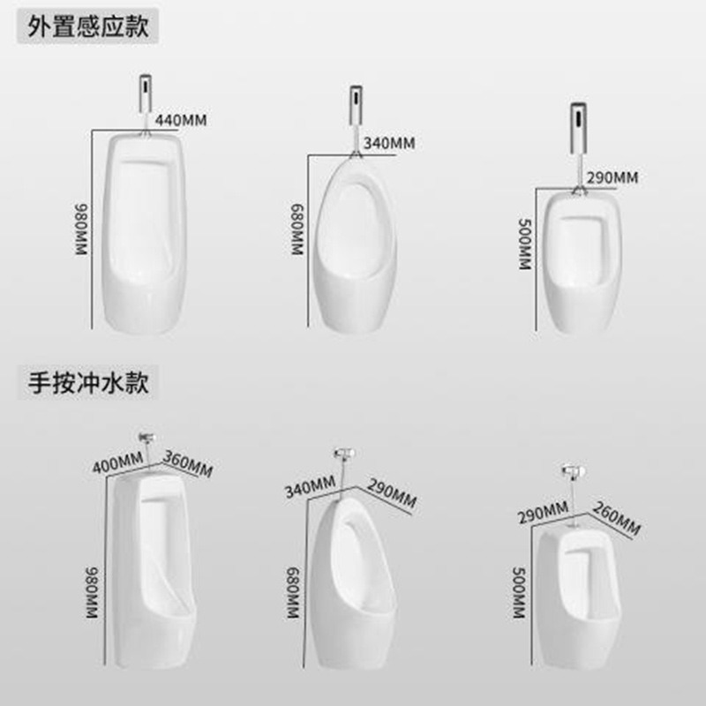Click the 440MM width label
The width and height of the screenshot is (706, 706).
click(x=180, y=120)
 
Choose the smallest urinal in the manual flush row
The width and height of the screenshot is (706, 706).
click(x=576, y=587)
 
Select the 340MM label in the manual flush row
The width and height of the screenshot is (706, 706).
click(x=309, y=484)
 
